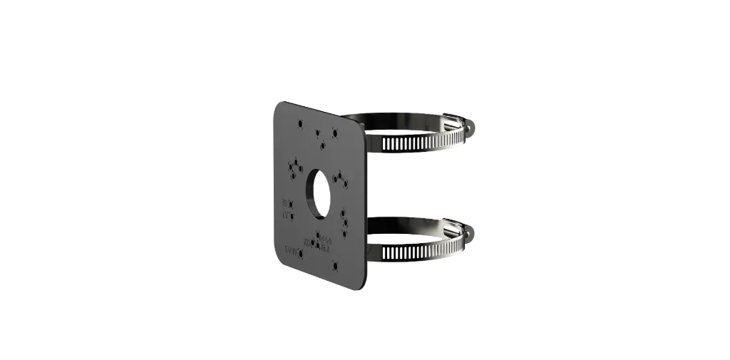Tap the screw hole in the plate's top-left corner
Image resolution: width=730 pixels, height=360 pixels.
[299, 123]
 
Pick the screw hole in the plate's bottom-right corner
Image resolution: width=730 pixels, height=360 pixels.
[335, 268]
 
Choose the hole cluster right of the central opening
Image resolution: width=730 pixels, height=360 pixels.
[341, 178]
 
